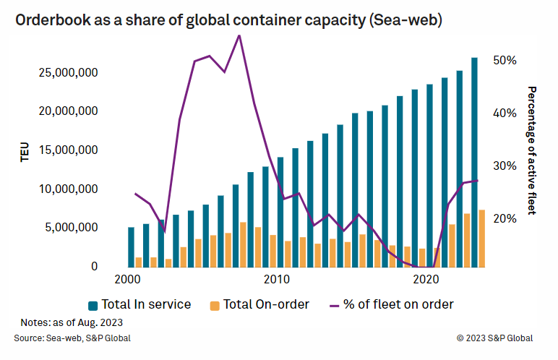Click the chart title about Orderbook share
coord(228,21)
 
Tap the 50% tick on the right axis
coord(505,60)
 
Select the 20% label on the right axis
coord(505,219)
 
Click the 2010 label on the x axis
coord(276,279)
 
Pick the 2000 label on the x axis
coord(128,279)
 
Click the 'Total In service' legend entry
coord(139,304)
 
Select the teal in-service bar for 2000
coord(131,247)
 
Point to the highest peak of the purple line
coord(239,35)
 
